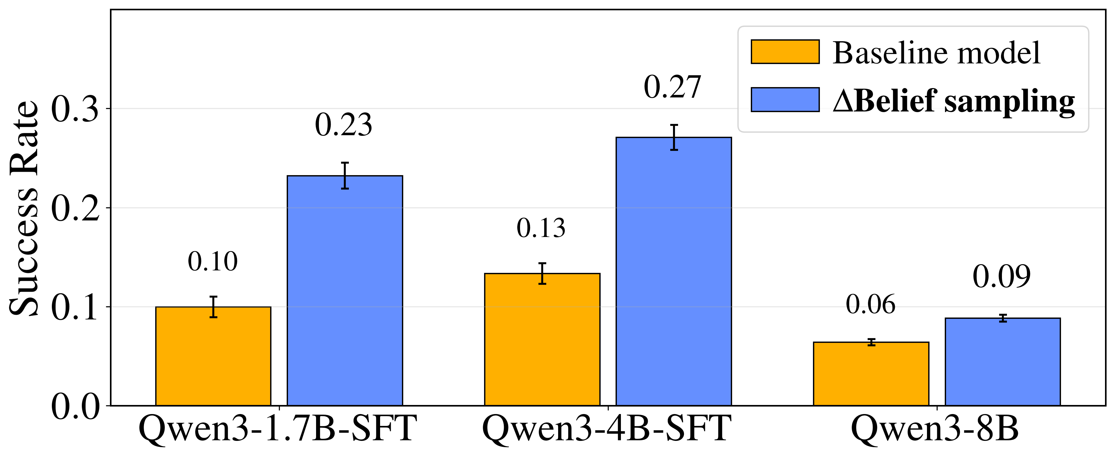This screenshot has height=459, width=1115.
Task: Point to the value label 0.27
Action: click(x=672, y=87)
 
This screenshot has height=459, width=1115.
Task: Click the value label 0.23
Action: click(x=343, y=125)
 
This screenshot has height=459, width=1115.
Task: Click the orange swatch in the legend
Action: click(x=785, y=52)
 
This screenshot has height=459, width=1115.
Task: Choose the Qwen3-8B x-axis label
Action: click(x=935, y=428)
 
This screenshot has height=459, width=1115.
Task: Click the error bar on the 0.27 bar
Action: click(x=674, y=137)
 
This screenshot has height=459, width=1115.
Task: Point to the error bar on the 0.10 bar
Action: click(x=213, y=307)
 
